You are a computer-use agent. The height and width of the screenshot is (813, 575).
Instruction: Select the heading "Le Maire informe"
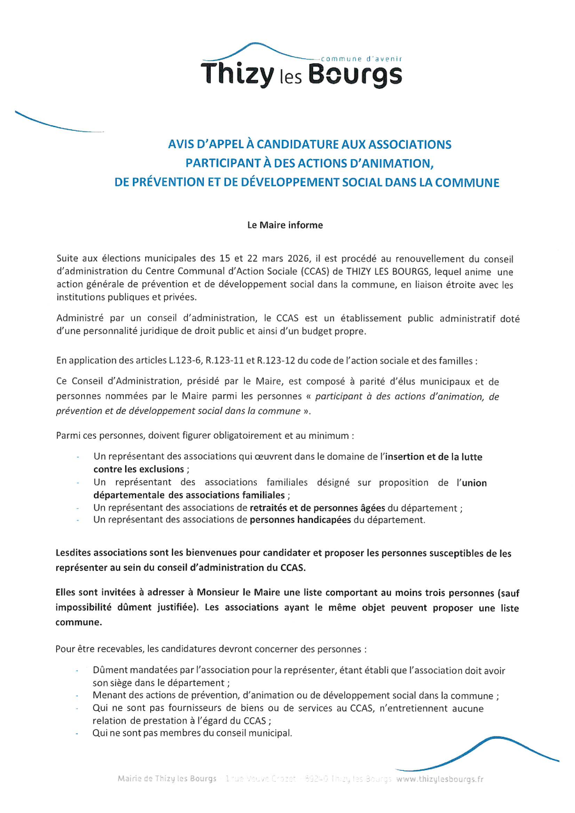tap(286, 225)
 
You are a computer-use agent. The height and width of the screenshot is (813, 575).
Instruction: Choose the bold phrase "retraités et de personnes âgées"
tap(318, 508)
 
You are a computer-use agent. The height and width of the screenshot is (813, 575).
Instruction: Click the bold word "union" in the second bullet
tap(473, 483)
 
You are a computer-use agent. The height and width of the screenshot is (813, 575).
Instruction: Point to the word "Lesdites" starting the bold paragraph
tap(73, 553)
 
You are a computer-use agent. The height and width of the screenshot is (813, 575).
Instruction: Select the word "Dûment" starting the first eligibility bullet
tap(109, 670)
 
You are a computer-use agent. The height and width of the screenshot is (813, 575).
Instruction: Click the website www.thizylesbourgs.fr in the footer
tap(440, 779)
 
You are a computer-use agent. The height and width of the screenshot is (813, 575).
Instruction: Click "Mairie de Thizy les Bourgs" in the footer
tap(167, 779)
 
